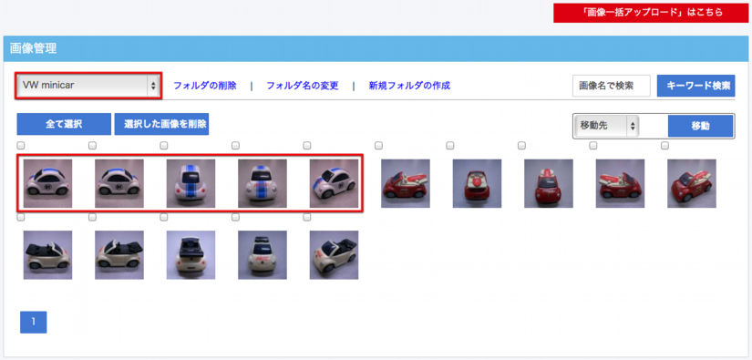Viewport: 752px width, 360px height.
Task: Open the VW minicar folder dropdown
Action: point(88,86)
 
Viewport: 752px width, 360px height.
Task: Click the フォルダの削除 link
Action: point(205,86)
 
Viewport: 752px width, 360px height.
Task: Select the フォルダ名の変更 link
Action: point(302,86)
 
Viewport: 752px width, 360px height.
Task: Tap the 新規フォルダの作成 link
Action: point(409,86)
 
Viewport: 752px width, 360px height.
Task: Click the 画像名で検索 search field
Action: point(612,86)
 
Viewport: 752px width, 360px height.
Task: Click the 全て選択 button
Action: point(64,124)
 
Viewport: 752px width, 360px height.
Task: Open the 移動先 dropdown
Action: point(606,126)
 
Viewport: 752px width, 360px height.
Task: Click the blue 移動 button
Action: point(700,126)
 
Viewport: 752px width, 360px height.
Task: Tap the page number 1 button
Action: point(33,322)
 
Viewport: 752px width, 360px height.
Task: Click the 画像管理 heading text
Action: point(33,48)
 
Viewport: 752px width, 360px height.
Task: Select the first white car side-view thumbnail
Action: point(47,183)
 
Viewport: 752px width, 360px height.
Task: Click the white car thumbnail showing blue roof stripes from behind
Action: point(191,183)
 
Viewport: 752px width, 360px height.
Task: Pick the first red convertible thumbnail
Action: point(406,183)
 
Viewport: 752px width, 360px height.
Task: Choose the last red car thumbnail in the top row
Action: point(692,183)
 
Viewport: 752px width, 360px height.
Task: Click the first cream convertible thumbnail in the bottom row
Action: point(47,255)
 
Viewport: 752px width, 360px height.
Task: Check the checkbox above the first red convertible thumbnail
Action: point(378,145)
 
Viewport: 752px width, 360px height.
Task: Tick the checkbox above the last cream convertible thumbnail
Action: point(307,217)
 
